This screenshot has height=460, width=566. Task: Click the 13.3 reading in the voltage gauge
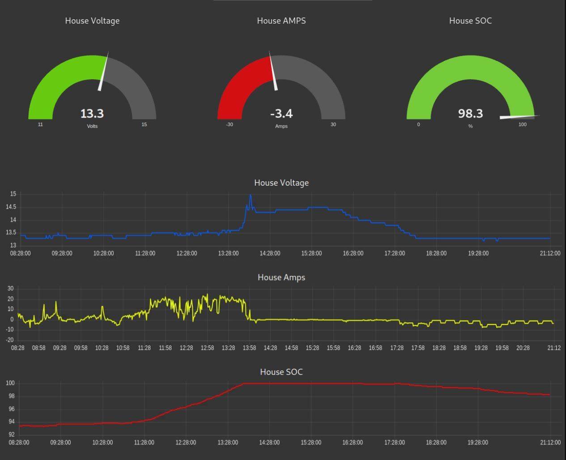pos(92,114)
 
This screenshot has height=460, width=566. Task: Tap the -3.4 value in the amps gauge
pos(281,114)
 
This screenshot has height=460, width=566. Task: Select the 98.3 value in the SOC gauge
pos(470,114)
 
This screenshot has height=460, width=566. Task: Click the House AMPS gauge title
pos(281,21)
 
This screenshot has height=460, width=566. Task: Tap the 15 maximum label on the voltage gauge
pos(144,124)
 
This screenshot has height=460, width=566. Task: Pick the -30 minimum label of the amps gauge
pos(230,124)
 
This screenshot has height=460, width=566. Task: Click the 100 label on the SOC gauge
pos(523,124)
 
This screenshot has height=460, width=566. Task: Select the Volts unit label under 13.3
pos(92,126)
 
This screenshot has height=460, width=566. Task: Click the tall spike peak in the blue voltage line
pos(250,195)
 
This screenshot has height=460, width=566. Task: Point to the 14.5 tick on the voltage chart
pos(11,207)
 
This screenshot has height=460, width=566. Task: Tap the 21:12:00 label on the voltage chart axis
pos(550,253)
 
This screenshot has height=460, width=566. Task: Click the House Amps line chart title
pos(281,277)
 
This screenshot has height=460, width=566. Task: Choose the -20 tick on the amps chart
pos(10,340)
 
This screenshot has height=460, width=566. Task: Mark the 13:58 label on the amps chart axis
pos(249,348)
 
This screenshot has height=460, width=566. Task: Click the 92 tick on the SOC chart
pos(11,434)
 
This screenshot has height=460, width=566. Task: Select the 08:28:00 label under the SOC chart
pos(19,443)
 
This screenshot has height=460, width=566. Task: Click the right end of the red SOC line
pos(549,395)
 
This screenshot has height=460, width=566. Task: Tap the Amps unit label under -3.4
pos(281,126)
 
